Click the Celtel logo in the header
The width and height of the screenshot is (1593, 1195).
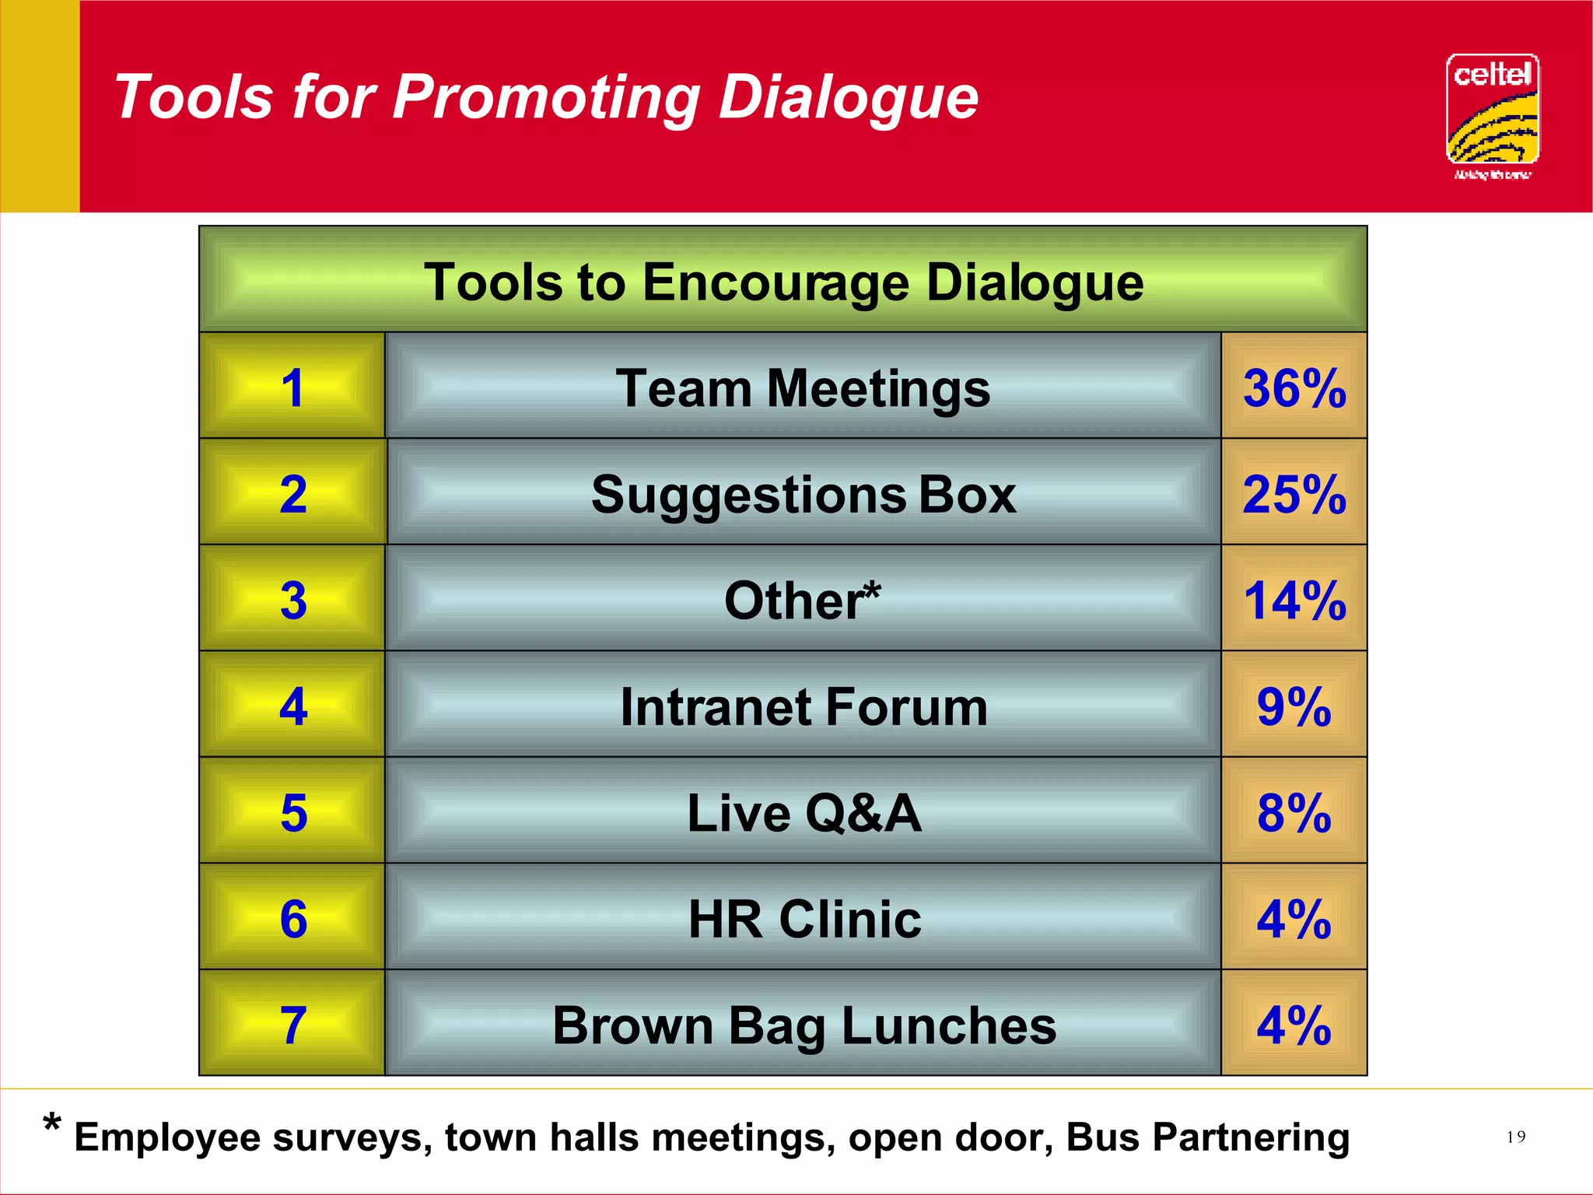click(x=1492, y=115)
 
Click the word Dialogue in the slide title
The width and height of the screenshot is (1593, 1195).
click(x=848, y=98)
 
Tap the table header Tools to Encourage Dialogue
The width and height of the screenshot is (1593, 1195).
click(x=783, y=281)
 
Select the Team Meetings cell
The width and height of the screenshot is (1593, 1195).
click(x=803, y=387)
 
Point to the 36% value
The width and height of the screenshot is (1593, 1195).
click(x=1294, y=387)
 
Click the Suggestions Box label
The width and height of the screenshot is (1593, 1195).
click(x=803, y=494)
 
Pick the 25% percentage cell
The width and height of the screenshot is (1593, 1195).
click(x=1294, y=494)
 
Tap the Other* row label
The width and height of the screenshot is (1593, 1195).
click(x=803, y=600)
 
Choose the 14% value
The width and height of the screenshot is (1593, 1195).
click(x=1294, y=600)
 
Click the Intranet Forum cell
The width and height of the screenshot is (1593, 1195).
click(x=803, y=706)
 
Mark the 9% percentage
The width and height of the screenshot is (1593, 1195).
click(x=1294, y=706)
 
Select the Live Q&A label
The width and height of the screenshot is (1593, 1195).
click(x=803, y=812)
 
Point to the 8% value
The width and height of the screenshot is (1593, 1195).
click(x=1294, y=812)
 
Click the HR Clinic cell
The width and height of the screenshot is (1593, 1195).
click(x=803, y=919)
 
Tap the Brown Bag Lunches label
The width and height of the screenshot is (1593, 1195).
click(x=803, y=1025)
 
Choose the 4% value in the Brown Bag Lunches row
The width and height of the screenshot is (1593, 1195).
click(x=1294, y=1025)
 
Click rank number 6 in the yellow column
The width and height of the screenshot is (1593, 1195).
click(x=293, y=919)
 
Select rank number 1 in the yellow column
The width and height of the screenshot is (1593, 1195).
click(x=292, y=387)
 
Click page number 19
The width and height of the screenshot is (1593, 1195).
click(x=1515, y=1137)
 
